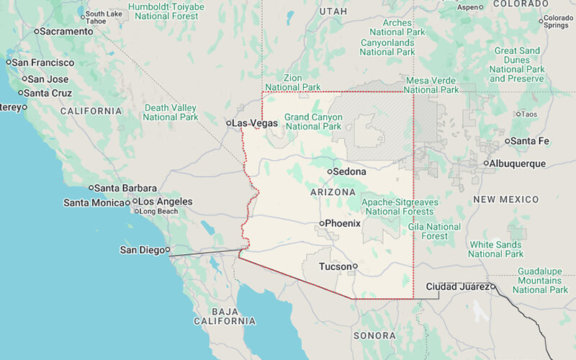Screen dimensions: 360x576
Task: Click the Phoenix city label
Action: [x=343, y=223]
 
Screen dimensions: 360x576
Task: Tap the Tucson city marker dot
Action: [x=355, y=266]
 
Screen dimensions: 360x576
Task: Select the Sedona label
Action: [x=348, y=171]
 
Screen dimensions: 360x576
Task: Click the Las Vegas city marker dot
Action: [x=229, y=123]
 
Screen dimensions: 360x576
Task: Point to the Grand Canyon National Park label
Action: [x=313, y=122]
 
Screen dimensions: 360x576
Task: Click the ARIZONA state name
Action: [x=333, y=192]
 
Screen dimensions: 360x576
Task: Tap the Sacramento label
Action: [x=67, y=31]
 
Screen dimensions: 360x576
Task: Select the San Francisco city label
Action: [x=45, y=63]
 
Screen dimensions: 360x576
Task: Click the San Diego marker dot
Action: [x=168, y=250]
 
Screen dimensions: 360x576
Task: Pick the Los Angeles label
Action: [x=165, y=202]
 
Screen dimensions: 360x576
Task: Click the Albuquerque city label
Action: [x=518, y=163]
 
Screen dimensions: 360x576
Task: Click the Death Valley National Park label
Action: [x=171, y=112]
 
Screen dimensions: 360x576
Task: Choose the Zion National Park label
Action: [x=293, y=82]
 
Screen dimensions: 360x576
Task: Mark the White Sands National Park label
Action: [x=495, y=249]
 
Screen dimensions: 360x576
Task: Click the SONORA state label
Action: [x=374, y=336]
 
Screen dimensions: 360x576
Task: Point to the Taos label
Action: [x=528, y=114]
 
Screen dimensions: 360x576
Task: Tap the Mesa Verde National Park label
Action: [x=431, y=85]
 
